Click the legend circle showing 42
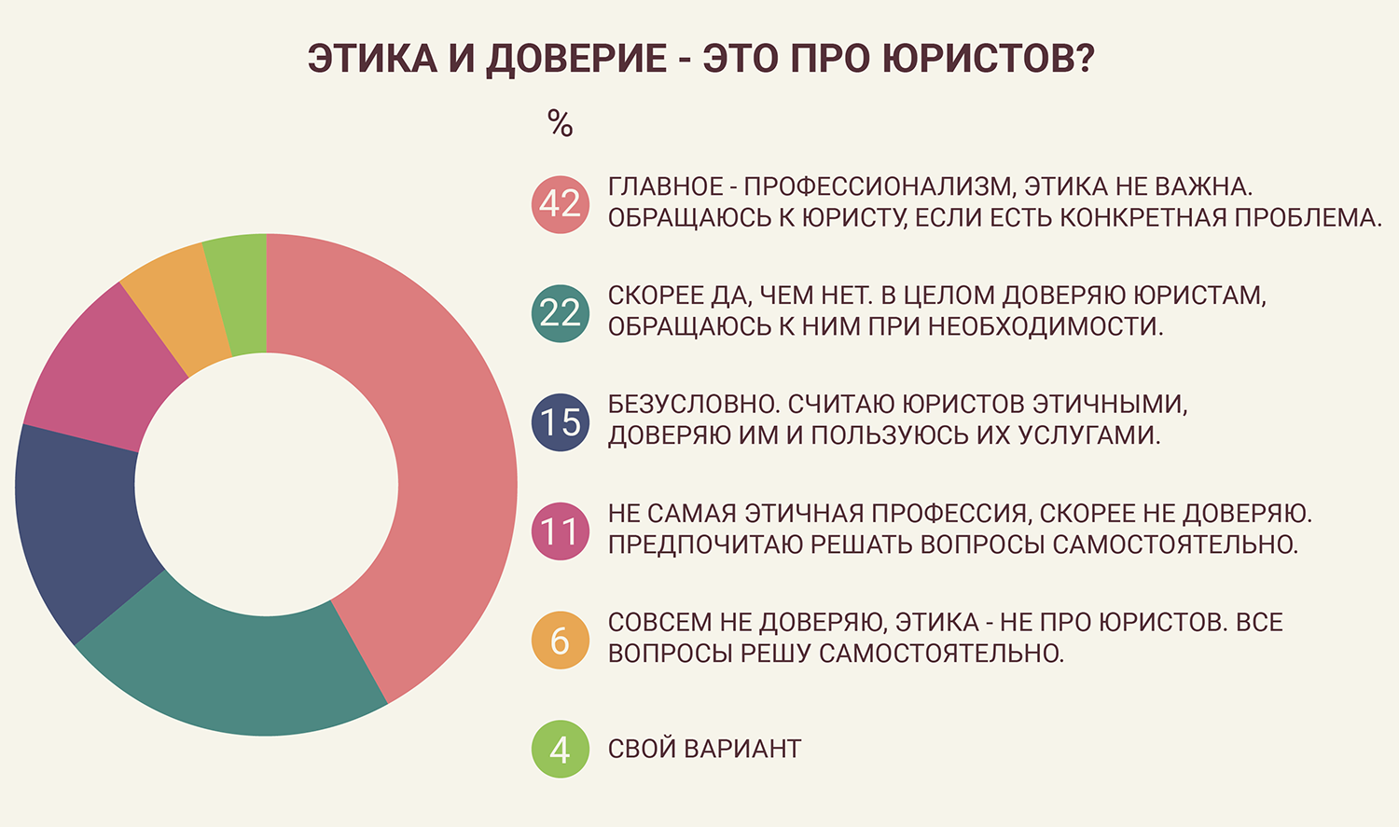click(x=561, y=204)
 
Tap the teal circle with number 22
click(x=561, y=313)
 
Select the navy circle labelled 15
click(x=561, y=422)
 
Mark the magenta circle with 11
click(x=561, y=531)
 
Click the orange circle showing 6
click(x=561, y=641)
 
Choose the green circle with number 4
click(x=561, y=749)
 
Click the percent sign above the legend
click(x=561, y=123)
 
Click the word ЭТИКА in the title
click(x=372, y=59)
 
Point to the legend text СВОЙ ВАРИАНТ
click(x=704, y=749)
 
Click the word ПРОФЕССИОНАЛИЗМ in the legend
click(x=879, y=186)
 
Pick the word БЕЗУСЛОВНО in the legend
click(x=692, y=405)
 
